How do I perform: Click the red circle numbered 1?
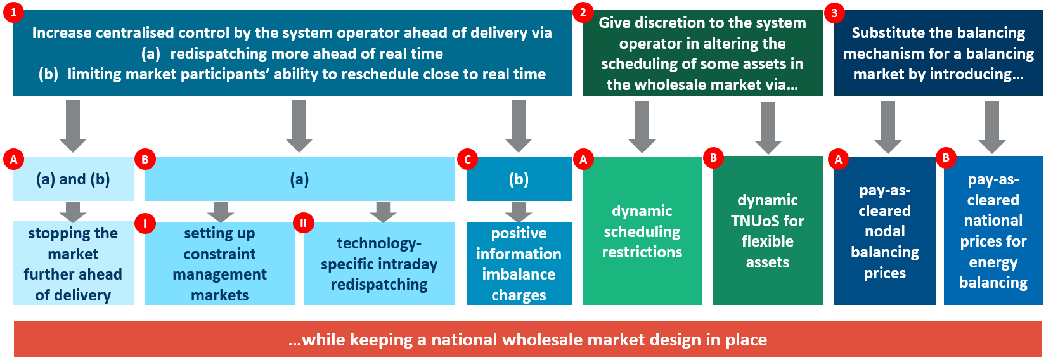coord(13,12)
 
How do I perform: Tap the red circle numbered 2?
coord(583,12)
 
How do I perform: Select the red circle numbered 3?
coord(834,12)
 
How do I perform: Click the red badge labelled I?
coord(145,223)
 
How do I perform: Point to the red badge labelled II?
coord(303,223)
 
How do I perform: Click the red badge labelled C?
coord(468,159)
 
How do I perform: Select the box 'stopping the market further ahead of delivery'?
coord(73,264)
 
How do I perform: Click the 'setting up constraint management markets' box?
coord(219,264)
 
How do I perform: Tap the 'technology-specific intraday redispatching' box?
coord(379,264)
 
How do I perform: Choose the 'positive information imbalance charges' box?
coord(519,264)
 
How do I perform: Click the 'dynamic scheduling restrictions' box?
coord(642,231)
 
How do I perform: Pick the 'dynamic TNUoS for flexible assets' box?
coord(767,231)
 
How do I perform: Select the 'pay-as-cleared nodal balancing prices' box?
coord(884,231)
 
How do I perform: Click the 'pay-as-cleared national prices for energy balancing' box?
coord(993,231)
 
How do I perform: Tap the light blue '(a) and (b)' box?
coord(73,179)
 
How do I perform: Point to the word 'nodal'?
coord(885,231)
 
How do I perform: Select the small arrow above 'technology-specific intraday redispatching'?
coord(383,212)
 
